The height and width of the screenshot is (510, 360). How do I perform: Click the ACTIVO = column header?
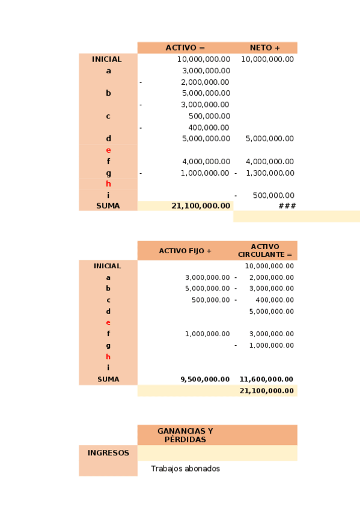pyautogui.click(x=185, y=48)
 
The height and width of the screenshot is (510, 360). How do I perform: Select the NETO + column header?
pyautogui.click(x=264, y=48)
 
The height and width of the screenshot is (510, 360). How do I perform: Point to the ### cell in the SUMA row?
pyautogui.click(x=287, y=206)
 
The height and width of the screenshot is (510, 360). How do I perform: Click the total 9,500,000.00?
pyautogui.click(x=205, y=379)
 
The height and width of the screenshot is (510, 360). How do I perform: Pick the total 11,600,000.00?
pyautogui.click(x=266, y=379)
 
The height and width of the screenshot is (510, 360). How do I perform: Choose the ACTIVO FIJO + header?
pyautogui.click(x=185, y=251)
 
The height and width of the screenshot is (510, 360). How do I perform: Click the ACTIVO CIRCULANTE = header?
pyautogui.click(x=264, y=251)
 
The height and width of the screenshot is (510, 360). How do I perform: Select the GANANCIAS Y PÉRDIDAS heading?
pyautogui.click(x=185, y=435)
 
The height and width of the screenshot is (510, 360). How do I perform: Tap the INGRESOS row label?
pyautogui.click(x=108, y=453)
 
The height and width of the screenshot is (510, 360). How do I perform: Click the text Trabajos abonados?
pyautogui.click(x=185, y=469)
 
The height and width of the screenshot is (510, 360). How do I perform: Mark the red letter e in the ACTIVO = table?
pyautogui.click(x=108, y=150)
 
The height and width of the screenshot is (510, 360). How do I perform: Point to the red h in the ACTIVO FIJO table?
pyautogui.click(x=108, y=357)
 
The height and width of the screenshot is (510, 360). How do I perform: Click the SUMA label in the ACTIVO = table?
pyautogui.click(x=108, y=206)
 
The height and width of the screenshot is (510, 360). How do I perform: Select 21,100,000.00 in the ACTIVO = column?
pyautogui.click(x=201, y=206)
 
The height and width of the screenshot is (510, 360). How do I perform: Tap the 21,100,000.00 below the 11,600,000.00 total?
pyautogui.click(x=266, y=391)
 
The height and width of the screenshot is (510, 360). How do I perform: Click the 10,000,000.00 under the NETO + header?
pyautogui.click(x=267, y=60)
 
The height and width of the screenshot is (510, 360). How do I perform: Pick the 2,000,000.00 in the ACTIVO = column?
pyautogui.click(x=205, y=82)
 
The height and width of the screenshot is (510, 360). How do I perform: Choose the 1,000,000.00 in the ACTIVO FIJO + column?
pyautogui.click(x=207, y=334)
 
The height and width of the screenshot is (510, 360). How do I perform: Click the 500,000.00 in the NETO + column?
pyautogui.click(x=273, y=195)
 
